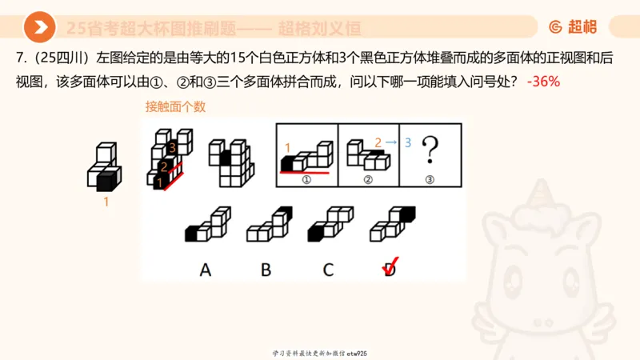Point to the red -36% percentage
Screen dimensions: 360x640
pyautogui.click(x=543, y=82)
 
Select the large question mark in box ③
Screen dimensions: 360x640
pyautogui.click(x=430, y=149)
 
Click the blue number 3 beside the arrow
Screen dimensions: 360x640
pyautogui.click(x=407, y=142)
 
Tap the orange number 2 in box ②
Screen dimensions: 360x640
pyautogui.click(x=378, y=142)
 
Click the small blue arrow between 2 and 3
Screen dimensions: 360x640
pyautogui.click(x=393, y=142)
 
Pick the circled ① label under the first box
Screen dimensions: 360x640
pyautogui.click(x=306, y=179)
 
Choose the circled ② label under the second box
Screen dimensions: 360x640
pyautogui.click(x=368, y=179)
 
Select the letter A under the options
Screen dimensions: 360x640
pyautogui.click(x=206, y=270)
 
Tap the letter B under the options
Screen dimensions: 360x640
pyautogui.click(x=266, y=270)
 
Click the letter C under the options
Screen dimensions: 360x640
pyautogui.click(x=328, y=270)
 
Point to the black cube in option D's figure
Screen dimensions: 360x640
pyautogui.click(x=406, y=214)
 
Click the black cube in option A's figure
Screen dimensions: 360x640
pyautogui.click(x=192, y=234)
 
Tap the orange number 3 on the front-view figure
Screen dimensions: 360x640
pyautogui.click(x=171, y=148)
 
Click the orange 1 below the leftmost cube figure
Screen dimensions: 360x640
pyautogui.click(x=106, y=202)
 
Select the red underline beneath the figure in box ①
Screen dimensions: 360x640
pyautogui.click(x=304, y=171)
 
